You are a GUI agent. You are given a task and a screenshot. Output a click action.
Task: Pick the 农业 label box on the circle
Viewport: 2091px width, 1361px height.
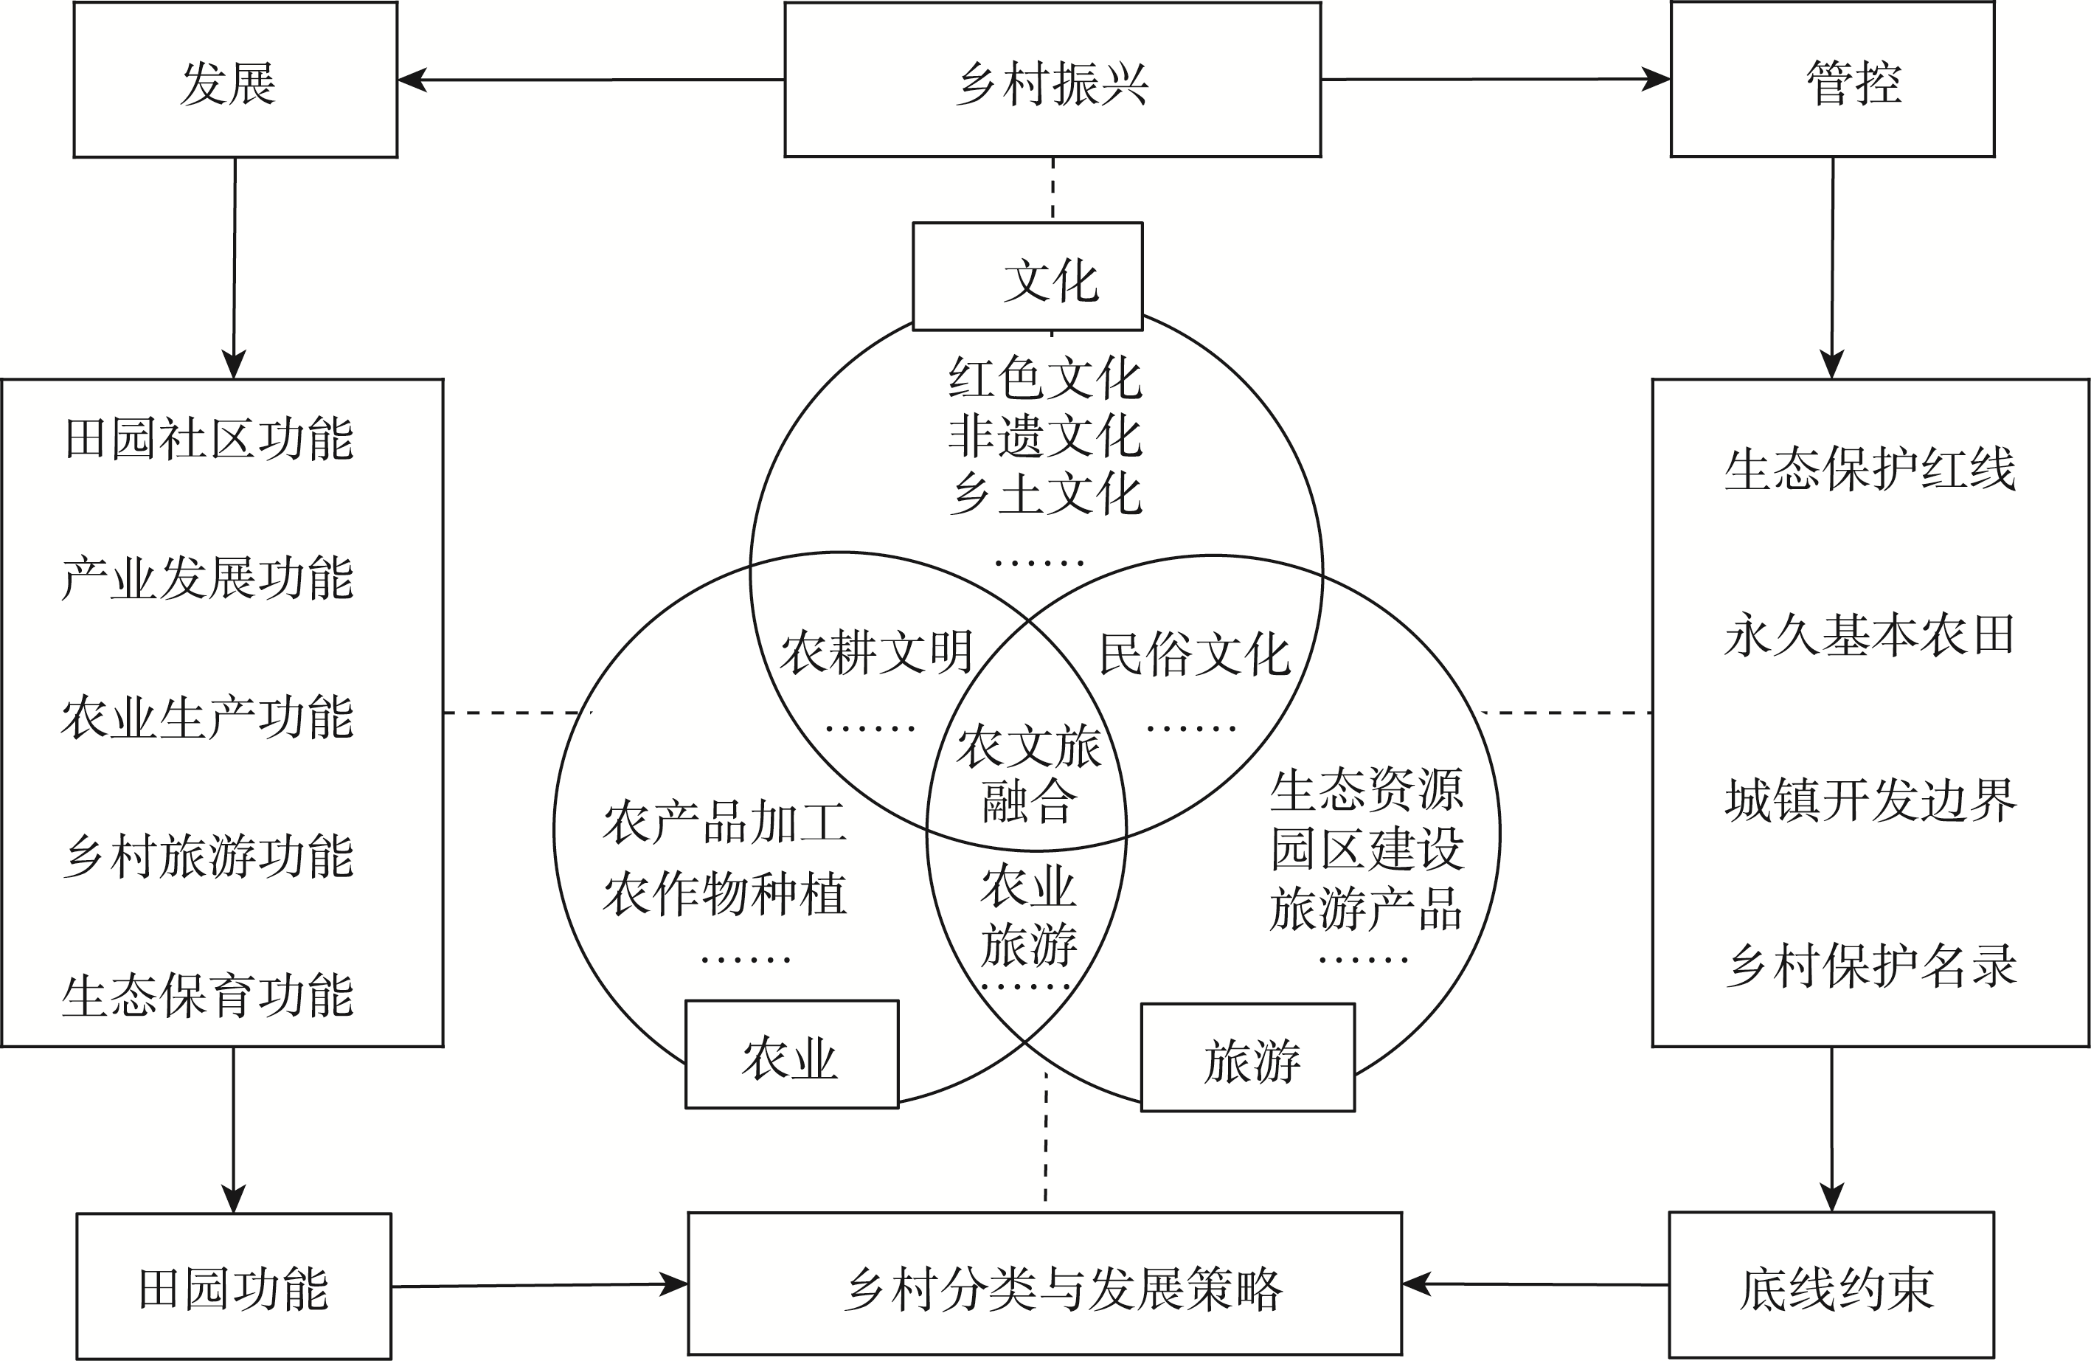pyautogui.click(x=791, y=1054)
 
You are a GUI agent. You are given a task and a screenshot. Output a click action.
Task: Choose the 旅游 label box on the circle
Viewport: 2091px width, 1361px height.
pyautogui.click(x=1247, y=1058)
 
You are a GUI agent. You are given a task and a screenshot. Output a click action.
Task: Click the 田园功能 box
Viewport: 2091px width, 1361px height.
pyautogui.click(x=234, y=1286)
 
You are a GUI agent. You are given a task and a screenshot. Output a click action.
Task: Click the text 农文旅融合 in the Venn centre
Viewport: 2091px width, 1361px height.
pyautogui.click(x=1028, y=773)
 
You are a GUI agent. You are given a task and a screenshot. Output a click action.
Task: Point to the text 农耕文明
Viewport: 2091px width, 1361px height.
pyautogui.click(x=876, y=653)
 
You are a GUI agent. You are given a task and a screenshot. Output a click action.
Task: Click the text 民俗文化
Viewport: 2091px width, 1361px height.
pyautogui.click(x=1194, y=654)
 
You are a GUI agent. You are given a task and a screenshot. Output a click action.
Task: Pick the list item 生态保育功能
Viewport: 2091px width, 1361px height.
pyautogui.click(x=207, y=996)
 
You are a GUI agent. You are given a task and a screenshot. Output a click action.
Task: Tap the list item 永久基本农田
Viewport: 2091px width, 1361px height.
pyautogui.click(x=1869, y=634)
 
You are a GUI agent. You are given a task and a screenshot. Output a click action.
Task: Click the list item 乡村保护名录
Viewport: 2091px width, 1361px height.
pyautogui.click(x=1870, y=965)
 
